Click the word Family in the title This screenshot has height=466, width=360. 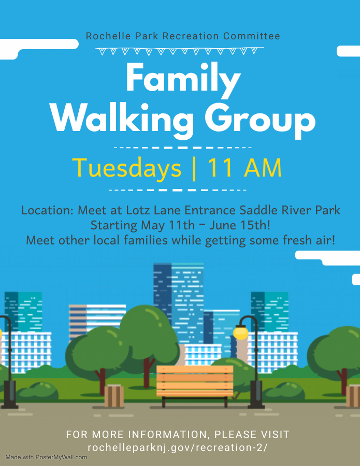[x=183, y=79]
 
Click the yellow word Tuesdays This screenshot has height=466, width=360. [x=126, y=168]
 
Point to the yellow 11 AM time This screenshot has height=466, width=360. [x=244, y=168]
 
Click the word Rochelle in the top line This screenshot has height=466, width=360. [x=108, y=36]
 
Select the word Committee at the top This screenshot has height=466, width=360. [x=252, y=36]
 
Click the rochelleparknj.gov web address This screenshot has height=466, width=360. [x=178, y=447]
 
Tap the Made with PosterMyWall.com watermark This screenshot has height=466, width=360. [x=46, y=457]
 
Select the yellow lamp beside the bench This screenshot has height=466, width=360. [x=240, y=332]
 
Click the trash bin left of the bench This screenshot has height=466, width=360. [x=114, y=396]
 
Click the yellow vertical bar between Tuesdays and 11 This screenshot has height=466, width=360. [x=194, y=168]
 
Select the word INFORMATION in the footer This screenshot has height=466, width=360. [x=168, y=434]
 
